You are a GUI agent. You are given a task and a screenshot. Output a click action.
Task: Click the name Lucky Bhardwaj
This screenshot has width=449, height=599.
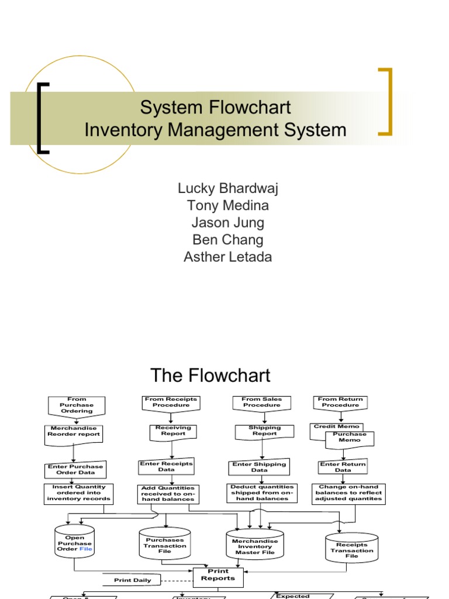(x=227, y=188)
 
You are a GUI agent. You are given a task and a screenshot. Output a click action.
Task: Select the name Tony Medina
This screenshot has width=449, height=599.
(x=227, y=205)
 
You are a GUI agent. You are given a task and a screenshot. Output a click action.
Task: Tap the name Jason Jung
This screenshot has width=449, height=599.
(x=227, y=222)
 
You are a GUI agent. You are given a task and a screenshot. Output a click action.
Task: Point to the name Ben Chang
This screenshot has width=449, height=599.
(x=227, y=240)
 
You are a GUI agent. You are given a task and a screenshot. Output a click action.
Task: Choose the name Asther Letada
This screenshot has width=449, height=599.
(x=227, y=257)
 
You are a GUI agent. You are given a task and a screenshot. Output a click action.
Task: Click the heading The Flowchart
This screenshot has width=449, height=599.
(x=210, y=375)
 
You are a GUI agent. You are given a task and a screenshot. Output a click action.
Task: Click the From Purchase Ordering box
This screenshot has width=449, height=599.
(x=77, y=405)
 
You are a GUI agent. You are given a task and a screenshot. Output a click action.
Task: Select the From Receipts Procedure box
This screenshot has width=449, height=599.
(x=171, y=402)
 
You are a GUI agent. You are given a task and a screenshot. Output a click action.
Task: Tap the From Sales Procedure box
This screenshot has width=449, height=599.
(x=263, y=402)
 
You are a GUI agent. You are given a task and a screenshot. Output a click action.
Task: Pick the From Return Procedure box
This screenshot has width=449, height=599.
(x=340, y=402)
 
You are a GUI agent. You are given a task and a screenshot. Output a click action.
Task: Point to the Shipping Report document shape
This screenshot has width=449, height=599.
(x=264, y=431)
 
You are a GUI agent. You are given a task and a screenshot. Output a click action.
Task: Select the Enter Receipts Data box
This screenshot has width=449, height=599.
(x=166, y=466)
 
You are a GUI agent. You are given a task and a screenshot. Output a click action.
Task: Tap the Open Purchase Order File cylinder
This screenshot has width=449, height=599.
(x=74, y=544)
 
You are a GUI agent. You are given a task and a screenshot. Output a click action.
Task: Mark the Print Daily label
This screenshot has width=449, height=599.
(x=133, y=580)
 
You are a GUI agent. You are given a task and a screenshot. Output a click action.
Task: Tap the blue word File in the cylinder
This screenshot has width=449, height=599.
(x=86, y=549)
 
